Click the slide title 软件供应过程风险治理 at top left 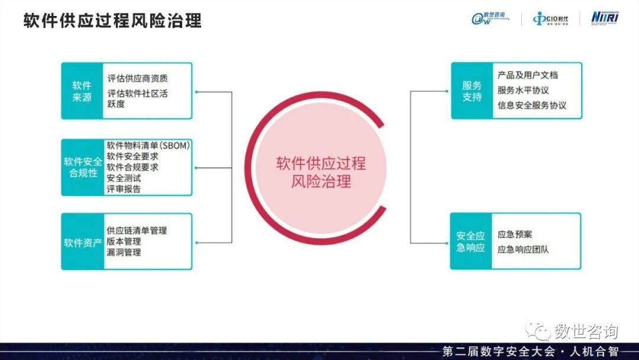(x=112, y=21)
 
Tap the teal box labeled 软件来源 (x=82, y=91)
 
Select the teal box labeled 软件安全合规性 (x=82, y=167)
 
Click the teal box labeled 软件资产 (x=82, y=242)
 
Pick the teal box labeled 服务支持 (x=472, y=91)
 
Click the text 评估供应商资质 (x=137, y=78)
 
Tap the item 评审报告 (x=124, y=189)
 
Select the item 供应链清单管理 (x=137, y=230)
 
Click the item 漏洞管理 (x=124, y=252)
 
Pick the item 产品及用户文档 (x=528, y=75)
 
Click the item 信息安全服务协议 (x=532, y=105)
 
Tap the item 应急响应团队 (x=523, y=249)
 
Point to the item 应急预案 (x=515, y=234)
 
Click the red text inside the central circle (x=321, y=172)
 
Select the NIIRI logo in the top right (x=604, y=18)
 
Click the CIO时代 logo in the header (x=550, y=19)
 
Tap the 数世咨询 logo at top (x=493, y=18)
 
